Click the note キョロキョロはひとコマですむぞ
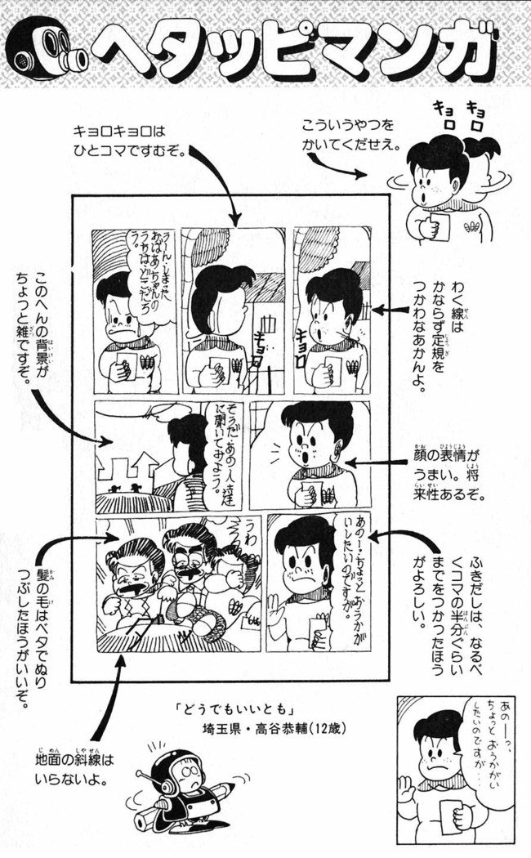pos(131,141)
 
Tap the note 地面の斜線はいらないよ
pos(74,769)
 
